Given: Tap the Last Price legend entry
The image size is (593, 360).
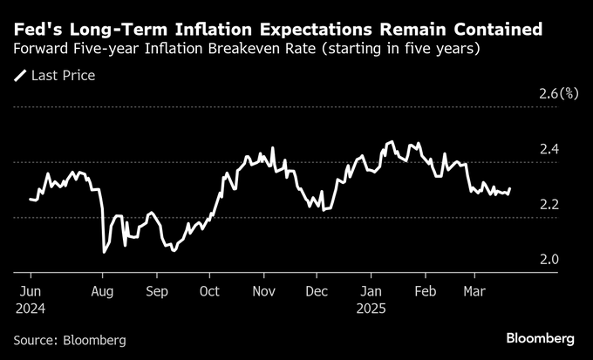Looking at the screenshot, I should [55, 76].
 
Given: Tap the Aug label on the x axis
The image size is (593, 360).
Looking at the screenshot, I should [105, 292].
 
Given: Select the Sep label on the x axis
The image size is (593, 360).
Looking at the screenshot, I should [157, 292].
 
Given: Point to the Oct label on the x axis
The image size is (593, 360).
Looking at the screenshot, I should [209, 292].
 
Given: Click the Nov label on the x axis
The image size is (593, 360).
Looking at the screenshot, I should [263, 292].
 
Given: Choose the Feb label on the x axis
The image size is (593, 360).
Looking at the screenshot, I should [426, 292].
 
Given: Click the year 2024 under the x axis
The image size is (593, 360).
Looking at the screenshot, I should [31, 308].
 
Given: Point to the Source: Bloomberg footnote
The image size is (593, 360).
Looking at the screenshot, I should [70, 339].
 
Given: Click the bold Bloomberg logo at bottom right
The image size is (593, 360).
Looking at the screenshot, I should [540, 337].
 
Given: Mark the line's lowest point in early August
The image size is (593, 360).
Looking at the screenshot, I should [105, 252].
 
